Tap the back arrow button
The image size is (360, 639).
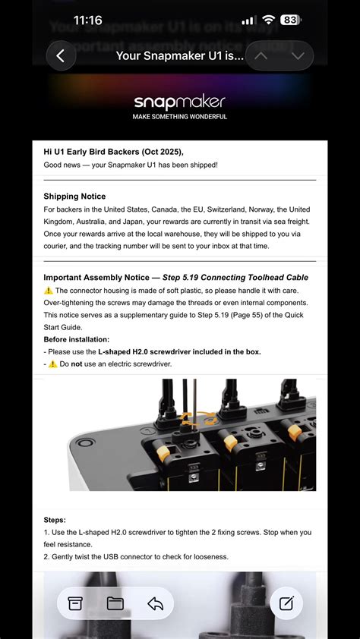point(61,56)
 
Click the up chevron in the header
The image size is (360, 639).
point(261,56)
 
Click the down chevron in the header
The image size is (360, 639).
point(298,56)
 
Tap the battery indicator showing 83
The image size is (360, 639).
point(290,20)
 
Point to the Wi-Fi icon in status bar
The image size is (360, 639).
point(268,20)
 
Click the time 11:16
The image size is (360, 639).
point(87,20)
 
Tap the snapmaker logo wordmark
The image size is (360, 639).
point(179,102)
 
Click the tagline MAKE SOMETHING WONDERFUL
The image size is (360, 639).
point(179,117)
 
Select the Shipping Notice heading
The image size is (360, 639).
point(74,197)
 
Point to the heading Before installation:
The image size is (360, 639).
point(77,339)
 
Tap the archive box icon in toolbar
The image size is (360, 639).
point(75,603)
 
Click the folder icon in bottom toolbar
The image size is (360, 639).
point(115,603)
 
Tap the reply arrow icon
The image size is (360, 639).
point(156,603)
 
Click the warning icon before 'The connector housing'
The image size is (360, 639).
point(49,291)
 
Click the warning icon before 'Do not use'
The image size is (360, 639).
point(52,364)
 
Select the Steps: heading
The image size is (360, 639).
point(55,520)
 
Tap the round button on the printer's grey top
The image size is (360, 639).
point(85,442)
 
